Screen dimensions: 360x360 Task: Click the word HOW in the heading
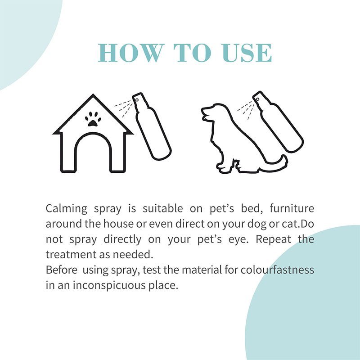click(130, 53)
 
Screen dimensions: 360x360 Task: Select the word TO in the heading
click(192, 53)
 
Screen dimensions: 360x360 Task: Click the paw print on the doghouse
click(93, 119)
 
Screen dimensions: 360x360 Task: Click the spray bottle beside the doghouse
click(152, 126)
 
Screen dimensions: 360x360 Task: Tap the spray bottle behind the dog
click(278, 121)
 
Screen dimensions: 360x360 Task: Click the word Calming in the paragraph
click(66, 209)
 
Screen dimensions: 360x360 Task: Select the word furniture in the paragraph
click(292, 208)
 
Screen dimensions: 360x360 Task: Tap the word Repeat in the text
click(274, 240)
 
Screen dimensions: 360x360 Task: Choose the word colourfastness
click(277, 270)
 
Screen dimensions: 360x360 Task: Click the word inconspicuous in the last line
click(109, 286)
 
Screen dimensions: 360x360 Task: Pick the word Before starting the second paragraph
click(61, 270)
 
